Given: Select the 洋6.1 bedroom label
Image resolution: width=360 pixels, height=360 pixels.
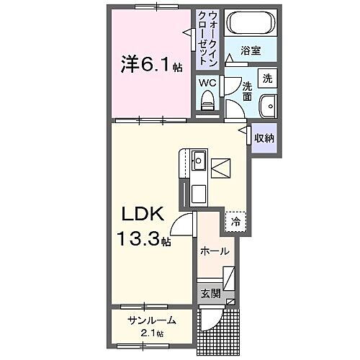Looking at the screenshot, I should (150, 64).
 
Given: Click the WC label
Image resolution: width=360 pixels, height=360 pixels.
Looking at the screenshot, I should (207, 83).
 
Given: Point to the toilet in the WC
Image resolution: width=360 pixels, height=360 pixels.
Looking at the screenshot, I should (208, 103).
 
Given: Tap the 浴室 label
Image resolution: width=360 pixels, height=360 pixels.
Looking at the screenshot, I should (250, 53).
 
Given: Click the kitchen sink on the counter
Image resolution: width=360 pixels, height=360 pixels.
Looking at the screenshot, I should (199, 160).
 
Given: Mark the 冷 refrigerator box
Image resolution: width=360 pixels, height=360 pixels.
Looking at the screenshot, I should (235, 222).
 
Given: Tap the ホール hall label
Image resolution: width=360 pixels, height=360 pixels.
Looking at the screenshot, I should (215, 251).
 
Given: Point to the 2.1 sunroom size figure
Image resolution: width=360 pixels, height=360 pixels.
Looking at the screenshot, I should (150, 333).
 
